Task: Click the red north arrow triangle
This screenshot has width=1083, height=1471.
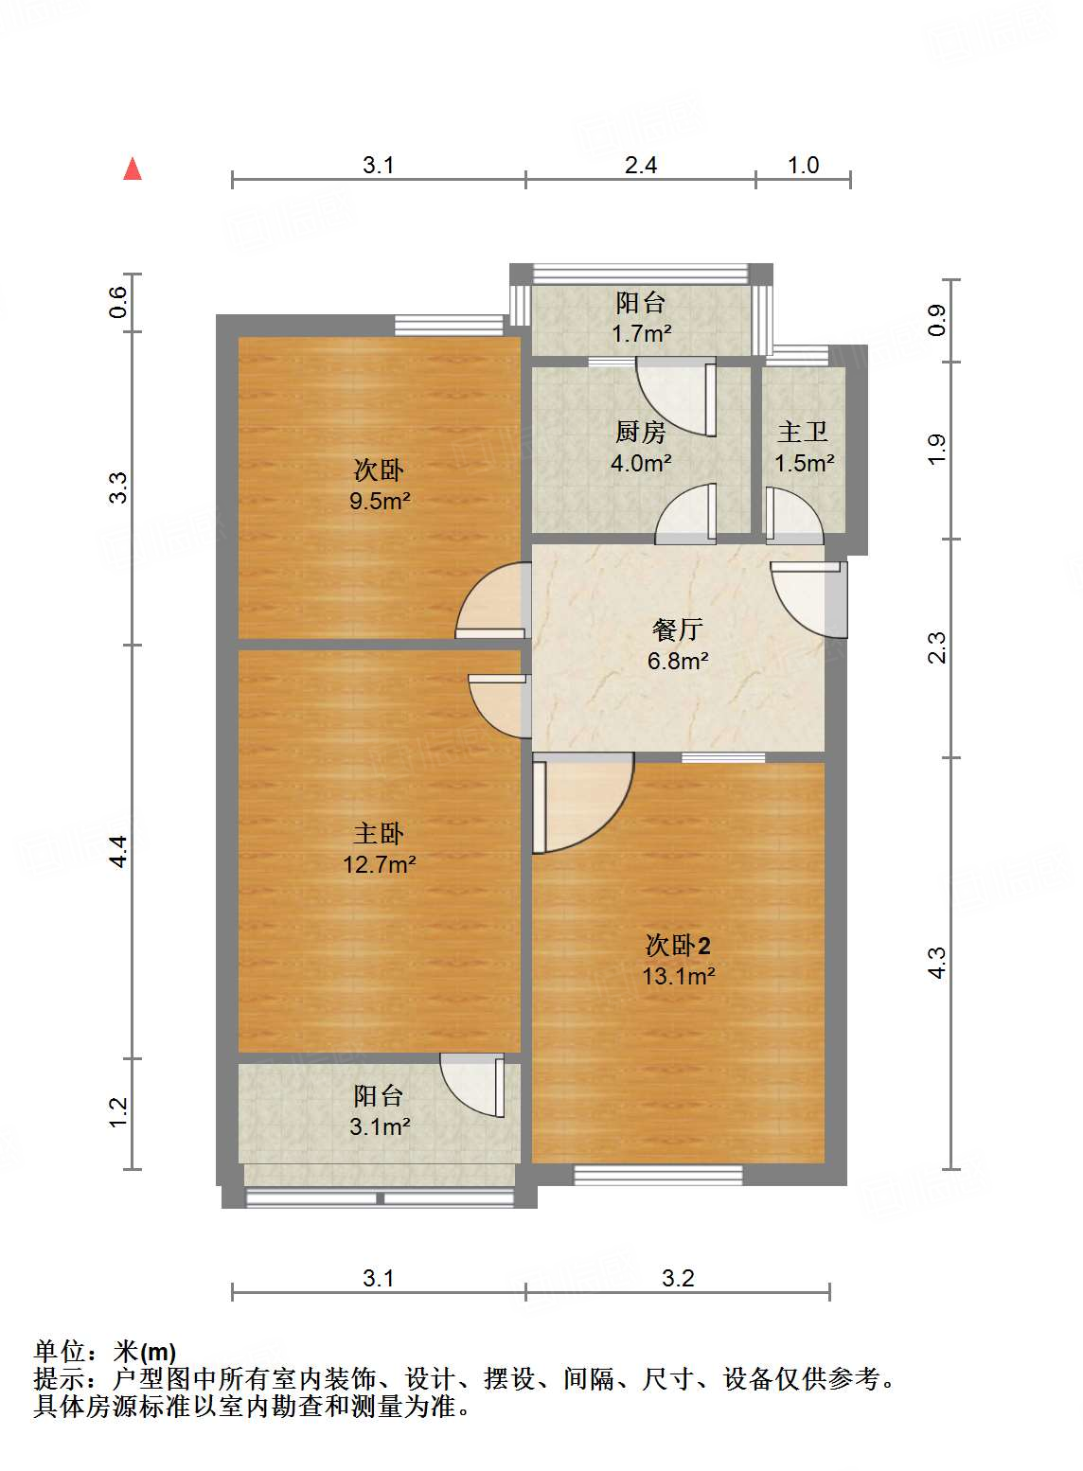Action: point(133,169)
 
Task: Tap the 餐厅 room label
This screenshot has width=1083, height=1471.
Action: point(678,629)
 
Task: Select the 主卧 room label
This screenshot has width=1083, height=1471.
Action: point(379,833)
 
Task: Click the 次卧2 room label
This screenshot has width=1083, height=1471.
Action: point(678,945)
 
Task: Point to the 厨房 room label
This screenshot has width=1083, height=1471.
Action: point(641,432)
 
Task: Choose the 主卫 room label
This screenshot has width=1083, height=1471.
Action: point(803,432)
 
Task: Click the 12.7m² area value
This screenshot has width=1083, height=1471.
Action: point(379,864)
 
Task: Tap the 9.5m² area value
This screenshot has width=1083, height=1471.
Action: point(379,501)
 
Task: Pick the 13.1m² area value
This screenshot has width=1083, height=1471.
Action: point(678,976)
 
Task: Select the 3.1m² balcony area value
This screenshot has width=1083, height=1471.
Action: point(379,1126)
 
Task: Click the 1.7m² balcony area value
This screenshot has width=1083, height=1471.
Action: point(641,333)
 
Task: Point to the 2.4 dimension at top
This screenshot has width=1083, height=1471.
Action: point(641,165)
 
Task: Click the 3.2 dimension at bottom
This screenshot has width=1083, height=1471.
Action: point(678,1278)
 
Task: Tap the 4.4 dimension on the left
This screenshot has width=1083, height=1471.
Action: point(117,851)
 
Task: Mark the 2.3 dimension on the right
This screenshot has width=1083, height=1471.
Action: point(936,648)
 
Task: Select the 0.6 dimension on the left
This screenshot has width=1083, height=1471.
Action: point(117,302)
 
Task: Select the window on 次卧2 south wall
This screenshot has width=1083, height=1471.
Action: point(658,1176)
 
